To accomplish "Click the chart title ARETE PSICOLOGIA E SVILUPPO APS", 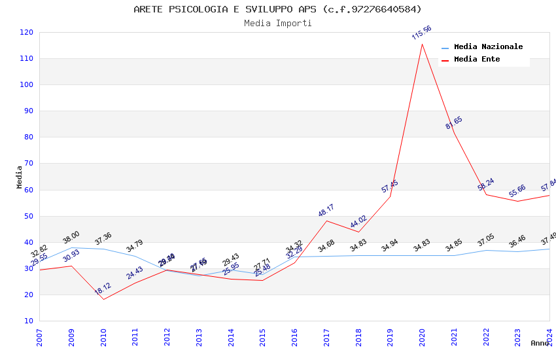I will click(277, 9).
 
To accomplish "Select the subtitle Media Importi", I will click(277, 23).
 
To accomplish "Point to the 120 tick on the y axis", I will click(27, 32).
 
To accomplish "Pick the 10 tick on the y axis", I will click(29, 321).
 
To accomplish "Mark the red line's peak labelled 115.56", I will click(422, 44).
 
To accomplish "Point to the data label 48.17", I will click(326, 210).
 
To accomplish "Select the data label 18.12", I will click(103, 289).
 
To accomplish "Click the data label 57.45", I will click(390, 186).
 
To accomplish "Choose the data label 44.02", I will click(358, 221).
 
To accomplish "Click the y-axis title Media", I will click(19, 177).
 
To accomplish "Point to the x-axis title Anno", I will click(540, 343).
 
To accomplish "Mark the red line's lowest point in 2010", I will click(103, 300).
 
